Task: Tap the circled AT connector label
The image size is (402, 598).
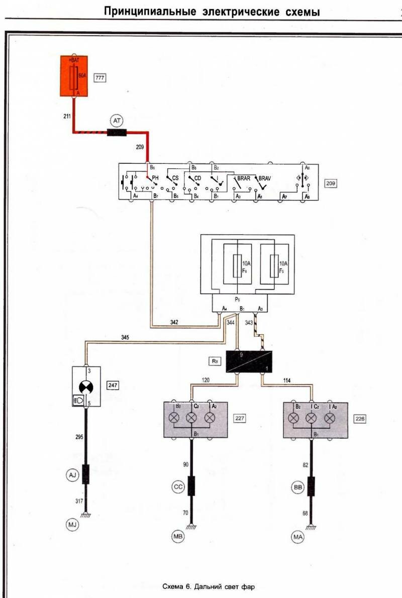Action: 117,121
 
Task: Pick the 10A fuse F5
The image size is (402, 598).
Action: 274,266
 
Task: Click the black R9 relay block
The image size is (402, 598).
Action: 249,362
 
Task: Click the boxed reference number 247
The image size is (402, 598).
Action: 113,386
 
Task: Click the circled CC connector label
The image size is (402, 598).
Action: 177,486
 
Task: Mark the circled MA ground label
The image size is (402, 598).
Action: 297,537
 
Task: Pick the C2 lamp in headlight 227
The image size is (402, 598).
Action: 191,418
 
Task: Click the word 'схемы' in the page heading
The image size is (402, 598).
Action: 301,12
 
